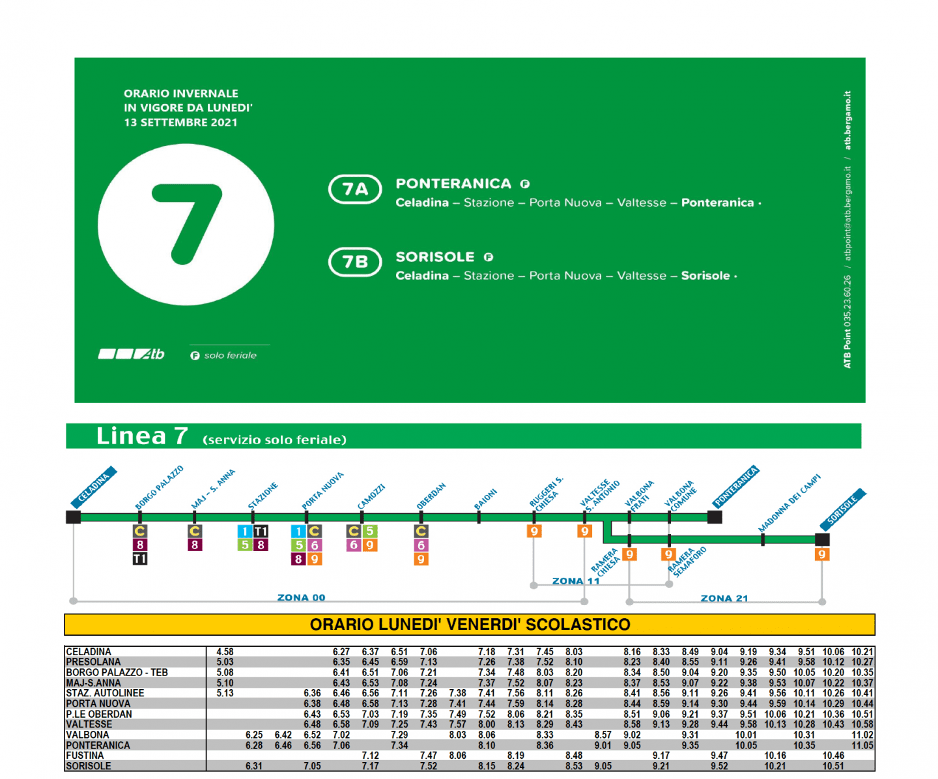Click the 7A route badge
(x=355, y=189)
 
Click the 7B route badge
(x=355, y=262)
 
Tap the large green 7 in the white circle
(x=186, y=224)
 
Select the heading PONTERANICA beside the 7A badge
(x=453, y=183)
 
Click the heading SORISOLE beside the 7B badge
(x=435, y=257)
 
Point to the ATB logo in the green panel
(x=131, y=354)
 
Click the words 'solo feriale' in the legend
(x=230, y=356)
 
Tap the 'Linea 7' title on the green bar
(x=142, y=436)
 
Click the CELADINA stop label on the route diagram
(x=93, y=487)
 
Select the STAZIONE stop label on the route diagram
(x=263, y=496)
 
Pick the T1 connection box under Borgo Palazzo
(x=139, y=558)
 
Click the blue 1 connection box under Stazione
(x=244, y=531)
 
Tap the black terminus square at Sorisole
(x=822, y=539)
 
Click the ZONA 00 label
(x=301, y=597)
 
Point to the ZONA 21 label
(x=724, y=599)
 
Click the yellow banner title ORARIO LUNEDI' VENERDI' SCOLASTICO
(x=470, y=625)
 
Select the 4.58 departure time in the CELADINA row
(x=225, y=652)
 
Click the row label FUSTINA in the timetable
(x=85, y=756)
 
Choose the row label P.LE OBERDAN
(x=99, y=715)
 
